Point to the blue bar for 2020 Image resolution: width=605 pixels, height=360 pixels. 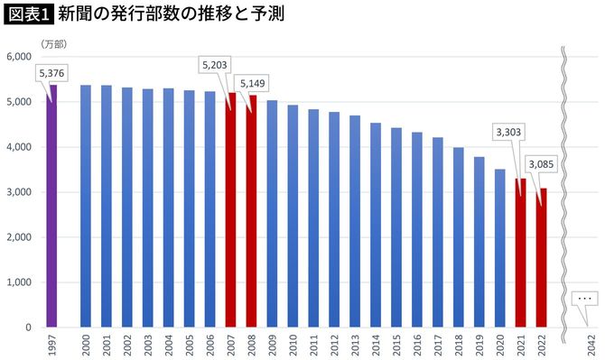(499, 248)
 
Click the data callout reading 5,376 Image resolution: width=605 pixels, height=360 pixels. (51, 72)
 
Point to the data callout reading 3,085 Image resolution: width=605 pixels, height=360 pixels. (543, 164)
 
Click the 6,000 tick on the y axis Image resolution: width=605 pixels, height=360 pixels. (19, 57)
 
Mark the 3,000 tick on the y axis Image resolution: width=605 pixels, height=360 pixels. (19, 192)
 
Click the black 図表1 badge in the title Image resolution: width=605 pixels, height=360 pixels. (28, 15)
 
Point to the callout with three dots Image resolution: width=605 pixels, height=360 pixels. (584, 298)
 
